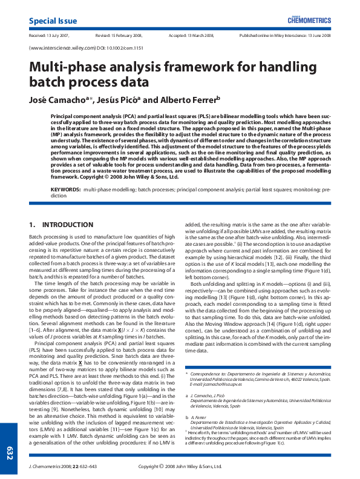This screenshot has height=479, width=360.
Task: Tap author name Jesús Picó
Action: click(x=118, y=100)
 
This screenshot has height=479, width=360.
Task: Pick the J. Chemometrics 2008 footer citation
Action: click(x=57, y=466)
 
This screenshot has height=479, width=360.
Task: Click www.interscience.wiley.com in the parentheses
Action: click(x=62, y=47)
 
